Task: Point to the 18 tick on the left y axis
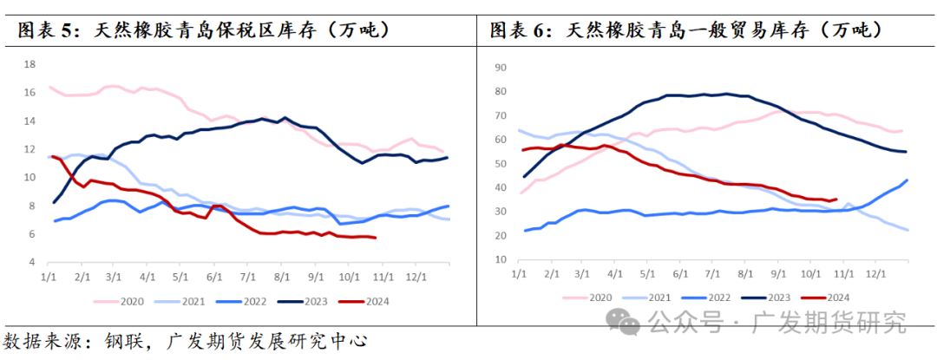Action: coord(29,64)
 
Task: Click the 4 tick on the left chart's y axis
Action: coord(32,262)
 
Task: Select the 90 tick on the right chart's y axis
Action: coord(500,66)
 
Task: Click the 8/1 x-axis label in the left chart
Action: coord(281,277)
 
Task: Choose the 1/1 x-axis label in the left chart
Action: coord(49,277)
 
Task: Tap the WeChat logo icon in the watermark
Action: coord(626,323)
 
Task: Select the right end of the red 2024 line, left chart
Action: coord(375,238)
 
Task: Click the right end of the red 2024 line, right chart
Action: coord(835,199)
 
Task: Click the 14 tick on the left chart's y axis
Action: coord(29,121)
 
